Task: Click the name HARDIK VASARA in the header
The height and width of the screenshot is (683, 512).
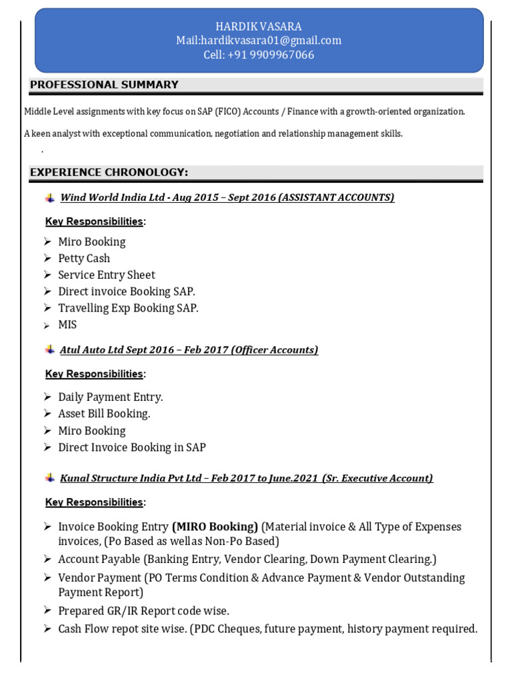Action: (x=259, y=27)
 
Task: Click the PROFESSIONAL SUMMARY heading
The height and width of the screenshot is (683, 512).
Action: (x=104, y=85)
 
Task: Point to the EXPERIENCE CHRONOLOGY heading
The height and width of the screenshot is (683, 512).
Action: (x=109, y=173)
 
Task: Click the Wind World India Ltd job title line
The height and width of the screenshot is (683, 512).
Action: (x=227, y=197)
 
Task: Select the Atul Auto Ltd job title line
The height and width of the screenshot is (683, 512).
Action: (x=189, y=350)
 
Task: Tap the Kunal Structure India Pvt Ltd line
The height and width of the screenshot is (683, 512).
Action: (x=246, y=478)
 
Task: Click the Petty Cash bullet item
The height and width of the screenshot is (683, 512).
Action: (x=84, y=258)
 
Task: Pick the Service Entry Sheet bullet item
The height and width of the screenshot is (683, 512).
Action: (x=107, y=275)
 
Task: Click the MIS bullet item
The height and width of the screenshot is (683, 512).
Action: (x=67, y=325)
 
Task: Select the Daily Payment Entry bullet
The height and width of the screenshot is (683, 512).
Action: (x=111, y=397)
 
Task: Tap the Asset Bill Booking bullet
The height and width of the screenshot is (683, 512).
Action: (x=104, y=414)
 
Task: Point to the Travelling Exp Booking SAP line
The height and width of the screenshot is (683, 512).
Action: (x=128, y=308)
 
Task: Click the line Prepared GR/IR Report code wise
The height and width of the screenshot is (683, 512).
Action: (x=143, y=611)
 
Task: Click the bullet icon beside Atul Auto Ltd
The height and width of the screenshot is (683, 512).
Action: (x=50, y=350)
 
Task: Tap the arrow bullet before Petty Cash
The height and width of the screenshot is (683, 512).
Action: (x=47, y=258)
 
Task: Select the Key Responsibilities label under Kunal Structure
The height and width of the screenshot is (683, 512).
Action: (x=94, y=502)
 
